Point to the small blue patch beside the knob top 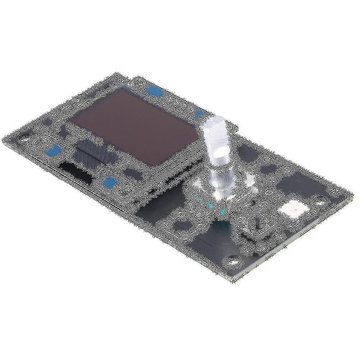click(198, 114)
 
